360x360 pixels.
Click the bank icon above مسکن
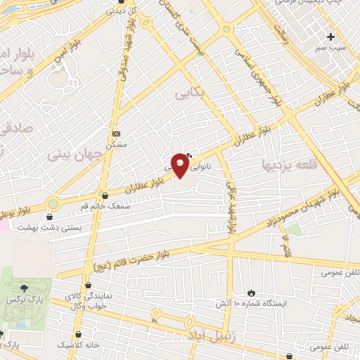pos(116,134)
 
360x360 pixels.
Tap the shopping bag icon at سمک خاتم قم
pos(105,195)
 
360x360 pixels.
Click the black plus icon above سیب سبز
pos(330,36)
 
